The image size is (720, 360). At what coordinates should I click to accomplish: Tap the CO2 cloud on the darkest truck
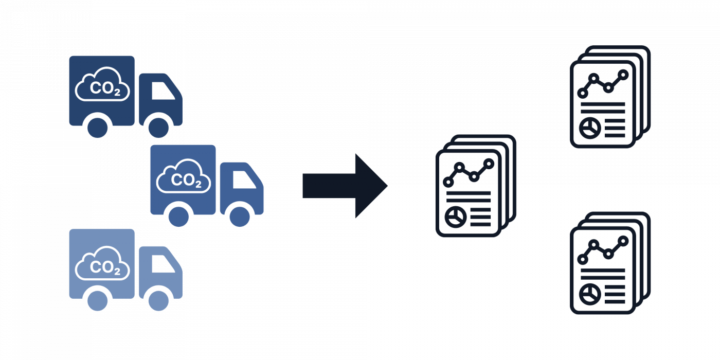(102, 84)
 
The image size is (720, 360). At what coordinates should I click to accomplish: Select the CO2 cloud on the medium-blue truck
(184, 176)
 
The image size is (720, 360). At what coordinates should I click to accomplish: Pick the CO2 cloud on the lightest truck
(102, 263)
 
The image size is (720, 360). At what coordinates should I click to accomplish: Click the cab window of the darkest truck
(163, 91)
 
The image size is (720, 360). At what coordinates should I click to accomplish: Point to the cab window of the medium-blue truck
(244, 179)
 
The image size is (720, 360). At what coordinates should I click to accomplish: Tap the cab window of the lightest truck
(163, 263)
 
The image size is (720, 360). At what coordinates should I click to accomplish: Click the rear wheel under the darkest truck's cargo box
(97, 128)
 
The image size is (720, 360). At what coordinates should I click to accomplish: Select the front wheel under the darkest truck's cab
(158, 128)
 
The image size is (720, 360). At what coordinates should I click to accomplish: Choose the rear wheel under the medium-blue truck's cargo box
(179, 217)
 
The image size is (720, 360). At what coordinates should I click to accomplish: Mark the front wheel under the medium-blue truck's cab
(240, 217)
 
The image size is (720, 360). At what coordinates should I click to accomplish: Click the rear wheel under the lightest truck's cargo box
(97, 301)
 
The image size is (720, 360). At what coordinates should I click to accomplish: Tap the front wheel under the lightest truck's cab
(158, 301)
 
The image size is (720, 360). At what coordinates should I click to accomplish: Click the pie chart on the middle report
(456, 217)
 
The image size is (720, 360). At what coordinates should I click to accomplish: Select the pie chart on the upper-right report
(590, 128)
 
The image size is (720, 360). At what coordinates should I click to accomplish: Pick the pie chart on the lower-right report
(590, 294)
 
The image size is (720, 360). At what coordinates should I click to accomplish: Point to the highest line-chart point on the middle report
(489, 164)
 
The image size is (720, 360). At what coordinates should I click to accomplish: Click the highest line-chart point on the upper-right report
(623, 75)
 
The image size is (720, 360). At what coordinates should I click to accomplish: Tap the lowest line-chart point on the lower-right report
(583, 259)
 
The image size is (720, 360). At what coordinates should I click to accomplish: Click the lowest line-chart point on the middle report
(448, 182)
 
